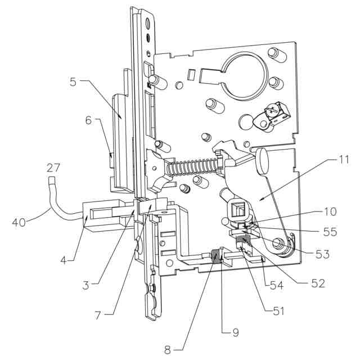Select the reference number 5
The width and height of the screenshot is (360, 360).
click(73, 82)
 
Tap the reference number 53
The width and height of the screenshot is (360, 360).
click(322, 255)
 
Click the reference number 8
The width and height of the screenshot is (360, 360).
click(168, 349)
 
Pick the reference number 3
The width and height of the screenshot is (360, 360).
click(85, 285)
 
